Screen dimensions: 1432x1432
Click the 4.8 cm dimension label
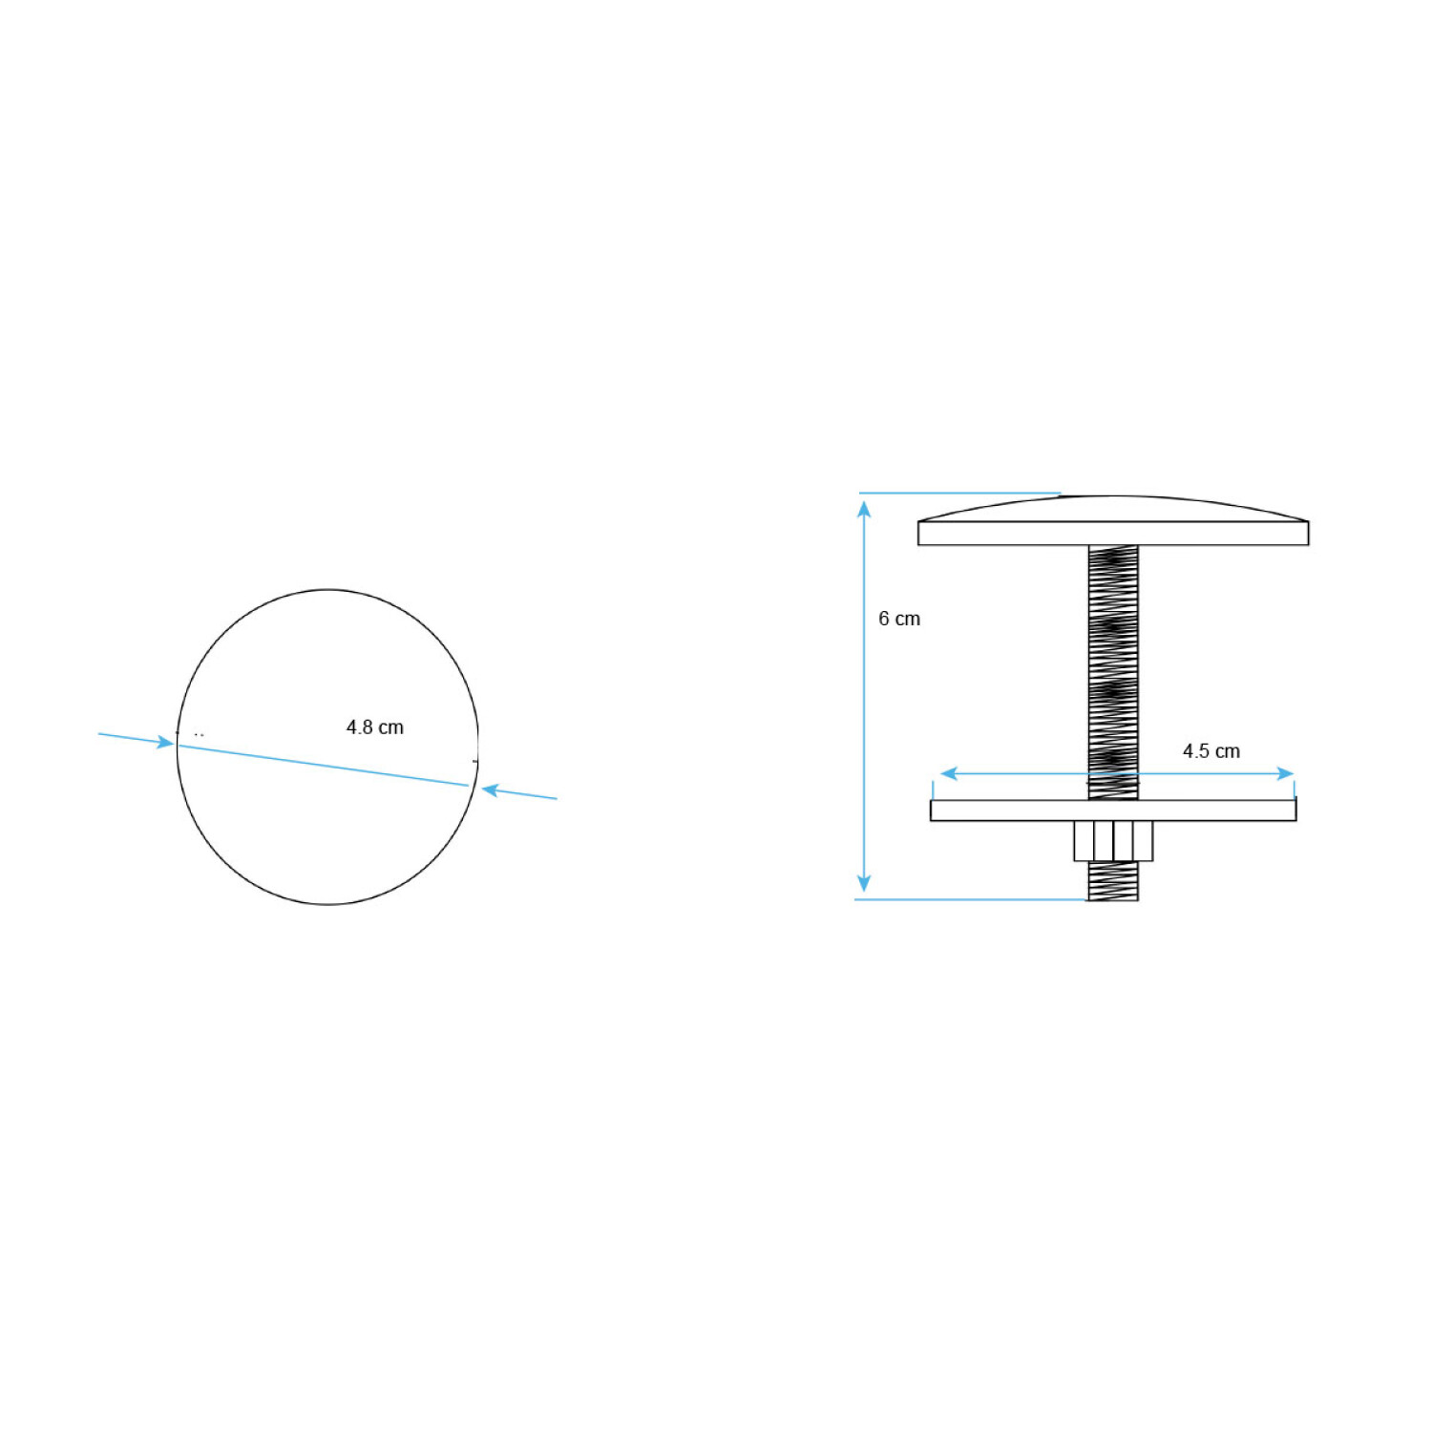(x=374, y=727)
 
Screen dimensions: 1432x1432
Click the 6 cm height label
(x=899, y=619)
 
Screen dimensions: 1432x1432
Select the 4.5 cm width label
(x=1211, y=751)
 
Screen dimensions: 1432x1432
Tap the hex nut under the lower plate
(x=1113, y=841)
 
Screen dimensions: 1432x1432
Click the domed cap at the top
(x=1113, y=509)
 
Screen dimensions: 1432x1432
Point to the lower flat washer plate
(x=1113, y=811)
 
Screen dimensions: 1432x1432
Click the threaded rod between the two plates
(x=1113, y=672)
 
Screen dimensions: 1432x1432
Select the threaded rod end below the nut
(x=1113, y=881)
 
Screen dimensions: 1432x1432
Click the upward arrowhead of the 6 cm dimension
(x=864, y=508)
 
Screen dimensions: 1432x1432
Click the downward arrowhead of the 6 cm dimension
(x=864, y=884)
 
